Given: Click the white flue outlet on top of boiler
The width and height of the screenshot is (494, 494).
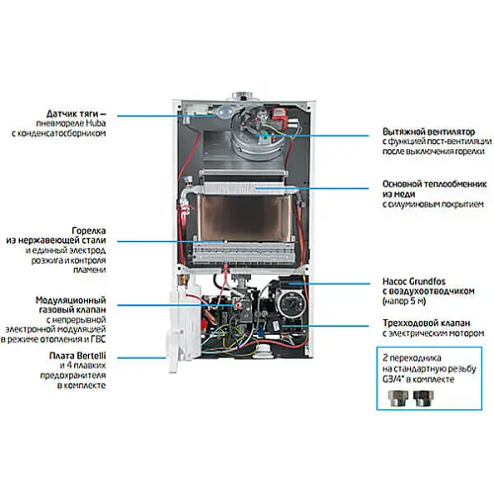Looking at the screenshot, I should (241, 97).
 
